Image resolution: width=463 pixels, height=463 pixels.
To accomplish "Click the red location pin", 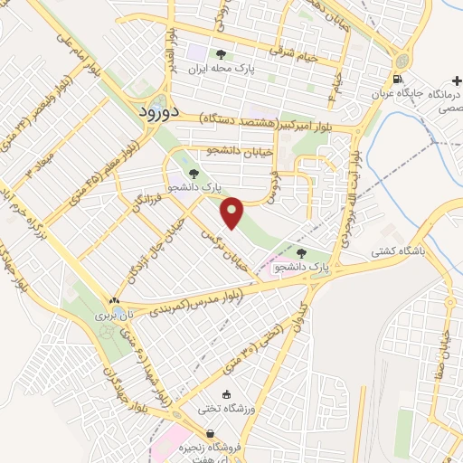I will [x=233, y=212].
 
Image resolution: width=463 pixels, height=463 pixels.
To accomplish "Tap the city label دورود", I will [x=161, y=112].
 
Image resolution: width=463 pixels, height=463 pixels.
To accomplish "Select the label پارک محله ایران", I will [x=222, y=68].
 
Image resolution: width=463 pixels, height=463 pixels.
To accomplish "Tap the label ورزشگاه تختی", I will [x=226, y=409].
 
